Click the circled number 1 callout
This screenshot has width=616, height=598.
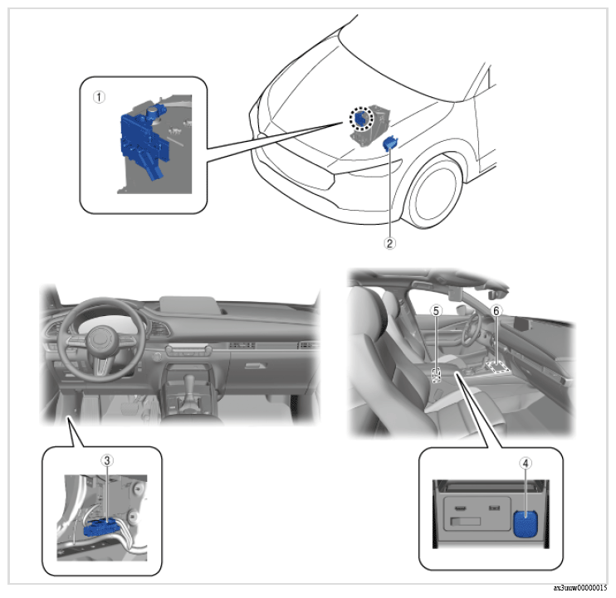point(99,97)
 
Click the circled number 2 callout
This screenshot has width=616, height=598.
point(389,243)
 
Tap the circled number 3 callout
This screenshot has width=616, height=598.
point(106,460)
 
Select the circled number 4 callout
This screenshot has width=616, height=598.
point(526,464)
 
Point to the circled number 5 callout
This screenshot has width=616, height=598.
point(436,311)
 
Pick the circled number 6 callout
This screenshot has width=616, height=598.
point(496,311)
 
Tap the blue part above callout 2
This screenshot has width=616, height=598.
point(389,143)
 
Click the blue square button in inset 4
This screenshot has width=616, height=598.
point(526,523)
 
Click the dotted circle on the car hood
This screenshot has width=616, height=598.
point(361,119)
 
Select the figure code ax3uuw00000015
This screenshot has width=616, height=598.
point(579,588)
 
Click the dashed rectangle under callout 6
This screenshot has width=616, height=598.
point(498,367)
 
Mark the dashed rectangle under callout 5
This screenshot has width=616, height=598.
point(437,375)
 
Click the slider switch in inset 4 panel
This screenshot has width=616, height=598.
point(466,522)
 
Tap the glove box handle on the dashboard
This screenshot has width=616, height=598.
point(256,366)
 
